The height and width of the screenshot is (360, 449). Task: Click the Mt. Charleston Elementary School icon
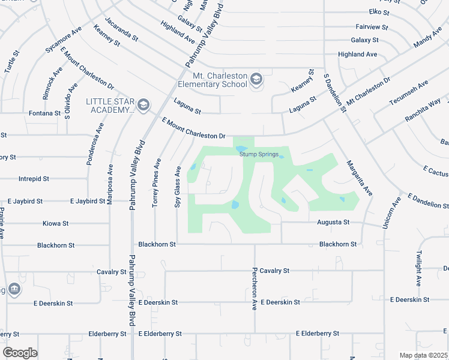(x=256, y=80)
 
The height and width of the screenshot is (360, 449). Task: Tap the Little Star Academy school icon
(x=143, y=106)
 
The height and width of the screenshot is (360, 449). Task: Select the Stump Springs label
(x=259, y=154)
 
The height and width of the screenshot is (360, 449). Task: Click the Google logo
(x=20, y=353)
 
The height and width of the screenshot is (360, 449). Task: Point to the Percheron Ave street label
(x=255, y=289)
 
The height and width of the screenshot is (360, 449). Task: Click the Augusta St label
(x=333, y=222)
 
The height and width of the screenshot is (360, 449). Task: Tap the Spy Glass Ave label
(x=178, y=188)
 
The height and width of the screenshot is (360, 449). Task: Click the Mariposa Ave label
(x=110, y=185)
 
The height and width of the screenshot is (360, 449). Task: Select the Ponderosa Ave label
(x=97, y=146)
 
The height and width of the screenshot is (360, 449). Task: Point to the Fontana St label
(x=45, y=113)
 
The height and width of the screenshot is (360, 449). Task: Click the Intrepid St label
(x=34, y=179)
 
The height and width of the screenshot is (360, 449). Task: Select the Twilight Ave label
(x=418, y=266)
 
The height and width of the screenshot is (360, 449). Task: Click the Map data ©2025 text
(x=423, y=355)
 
